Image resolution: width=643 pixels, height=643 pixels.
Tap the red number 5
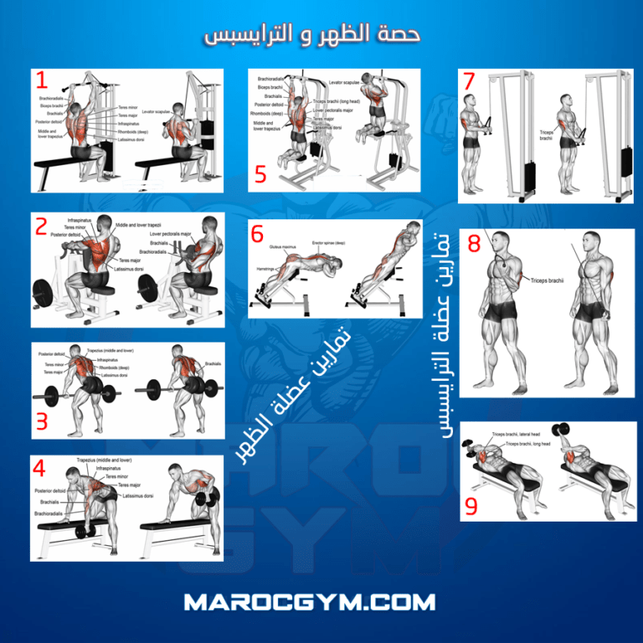260,174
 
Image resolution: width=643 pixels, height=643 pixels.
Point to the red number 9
471,506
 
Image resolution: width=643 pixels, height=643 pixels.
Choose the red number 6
258,235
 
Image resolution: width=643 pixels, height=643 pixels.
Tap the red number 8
475,244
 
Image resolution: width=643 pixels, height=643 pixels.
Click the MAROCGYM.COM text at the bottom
321,602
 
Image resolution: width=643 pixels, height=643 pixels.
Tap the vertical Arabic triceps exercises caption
445,335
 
